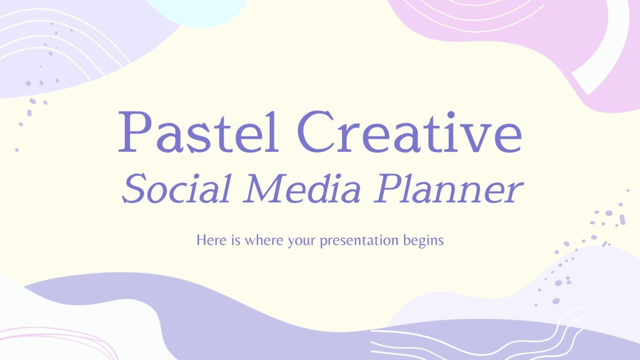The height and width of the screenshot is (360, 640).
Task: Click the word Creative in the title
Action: point(409,131)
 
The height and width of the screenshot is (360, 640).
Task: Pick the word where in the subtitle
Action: point(264,240)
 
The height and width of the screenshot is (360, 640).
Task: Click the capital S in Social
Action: point(136,190)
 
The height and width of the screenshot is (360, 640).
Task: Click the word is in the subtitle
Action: point(234,240)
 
